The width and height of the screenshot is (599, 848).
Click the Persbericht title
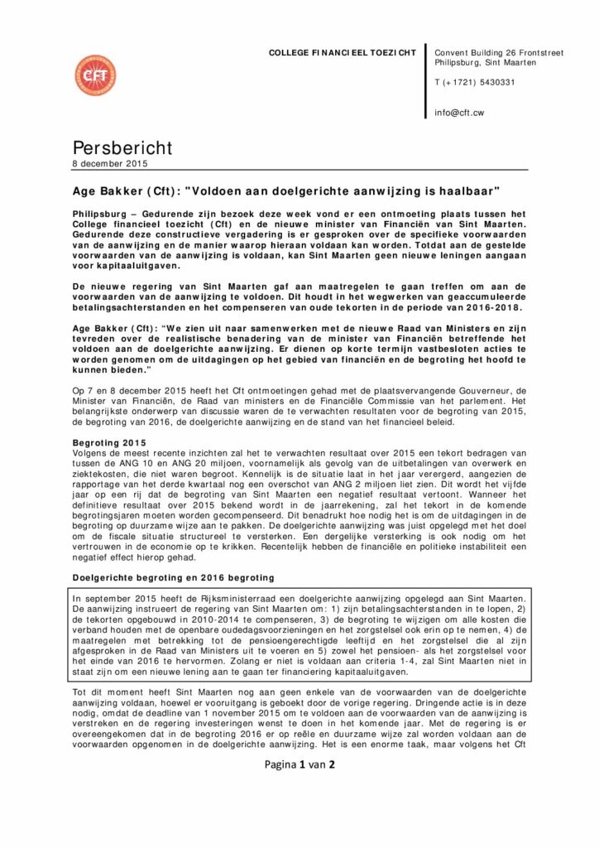tap(122, 148)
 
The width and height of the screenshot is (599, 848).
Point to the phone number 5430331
tap(496, 82)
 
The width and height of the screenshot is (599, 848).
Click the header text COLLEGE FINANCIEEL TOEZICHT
tap(343, 53)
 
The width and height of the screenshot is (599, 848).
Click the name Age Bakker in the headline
tap(96, 190)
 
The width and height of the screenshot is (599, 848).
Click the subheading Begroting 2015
tap(103, 444)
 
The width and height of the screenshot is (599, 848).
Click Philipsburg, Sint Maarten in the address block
tap(485, 63)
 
